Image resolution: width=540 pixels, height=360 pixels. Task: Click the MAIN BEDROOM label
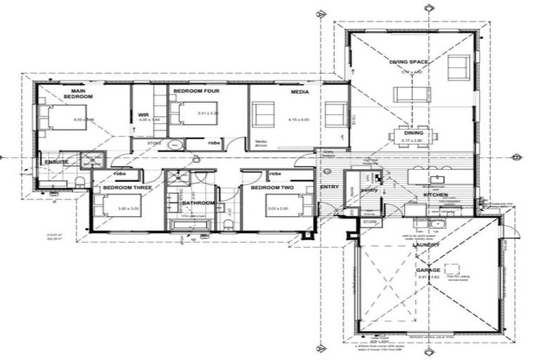pos(78,93)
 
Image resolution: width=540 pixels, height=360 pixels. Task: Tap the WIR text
pos(143,115)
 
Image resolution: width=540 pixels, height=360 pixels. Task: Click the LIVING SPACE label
pos(409,62)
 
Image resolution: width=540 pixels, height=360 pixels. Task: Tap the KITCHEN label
pos(436,194)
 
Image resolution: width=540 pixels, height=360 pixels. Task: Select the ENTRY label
pos(329,187)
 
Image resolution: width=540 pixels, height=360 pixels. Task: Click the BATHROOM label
pos(198,203)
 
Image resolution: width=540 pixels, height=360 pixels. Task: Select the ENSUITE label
pos(56,162)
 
